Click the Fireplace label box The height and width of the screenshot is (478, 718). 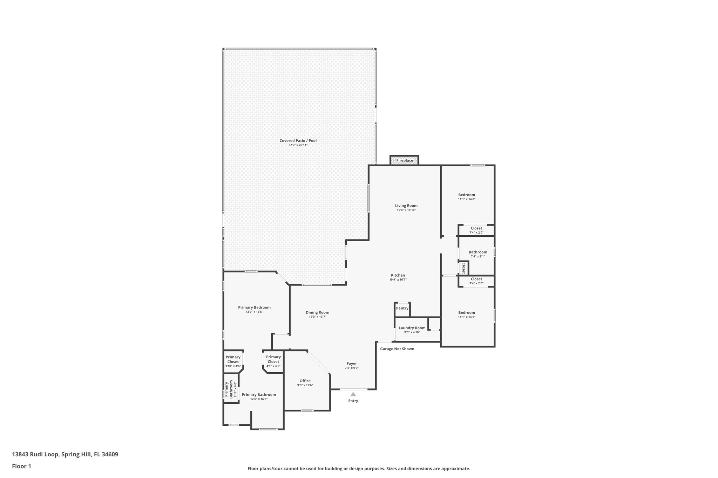tap(404, 160)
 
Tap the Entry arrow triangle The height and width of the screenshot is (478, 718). tap(353, 394)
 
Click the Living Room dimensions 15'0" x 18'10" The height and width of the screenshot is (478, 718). tap(406, 210)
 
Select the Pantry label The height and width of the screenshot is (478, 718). tap(402, 308)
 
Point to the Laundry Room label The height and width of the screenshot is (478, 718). tap(412, 328)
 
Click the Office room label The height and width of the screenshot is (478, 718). tap(305, 381)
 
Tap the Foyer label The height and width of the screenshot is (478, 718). tap(352, 364)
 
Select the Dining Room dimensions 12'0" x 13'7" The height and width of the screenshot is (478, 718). tap(317, 317)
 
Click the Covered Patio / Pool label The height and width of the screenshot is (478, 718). tap(298, 141)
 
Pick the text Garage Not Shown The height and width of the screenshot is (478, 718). tap(397, 349)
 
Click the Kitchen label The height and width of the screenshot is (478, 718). tap(398, 275)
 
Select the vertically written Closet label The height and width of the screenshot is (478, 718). tap(463, 268)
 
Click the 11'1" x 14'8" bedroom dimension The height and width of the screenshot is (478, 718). tap(467, 199)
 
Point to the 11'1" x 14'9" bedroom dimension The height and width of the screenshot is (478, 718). tap(467, 317)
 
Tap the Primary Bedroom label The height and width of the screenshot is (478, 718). tap(254, 307)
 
